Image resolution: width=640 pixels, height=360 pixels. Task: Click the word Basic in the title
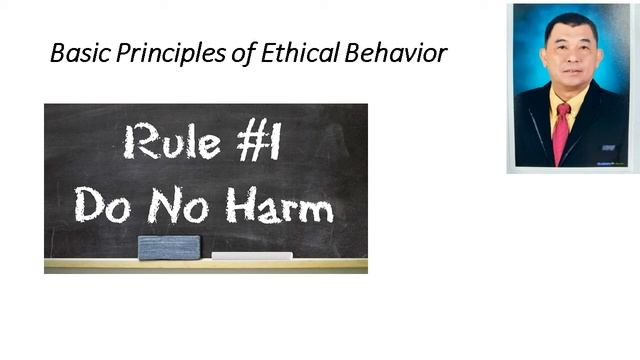point(75,53)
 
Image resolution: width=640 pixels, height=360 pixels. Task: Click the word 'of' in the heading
point(222,53)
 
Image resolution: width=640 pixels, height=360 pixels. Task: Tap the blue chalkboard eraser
point(169,247)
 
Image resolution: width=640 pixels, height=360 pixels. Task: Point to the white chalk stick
point(252,256)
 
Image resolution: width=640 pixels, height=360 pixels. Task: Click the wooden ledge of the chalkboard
point(205,265)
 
